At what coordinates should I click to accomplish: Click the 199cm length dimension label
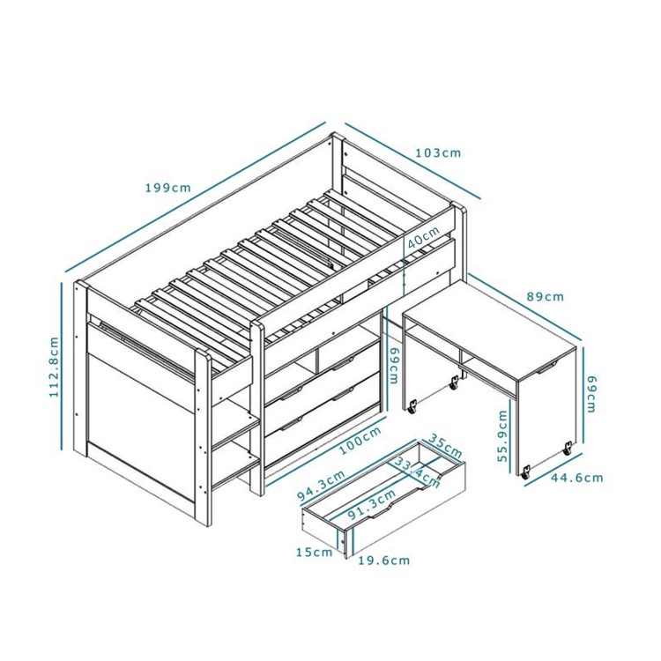[x=168, y=187]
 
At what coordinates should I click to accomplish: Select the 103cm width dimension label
[x=438, y=152]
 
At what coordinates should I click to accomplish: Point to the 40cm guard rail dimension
[x=424, y=237]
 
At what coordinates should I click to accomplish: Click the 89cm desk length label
[x=546, y=296]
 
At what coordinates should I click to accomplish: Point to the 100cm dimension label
[x=360, y=442]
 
